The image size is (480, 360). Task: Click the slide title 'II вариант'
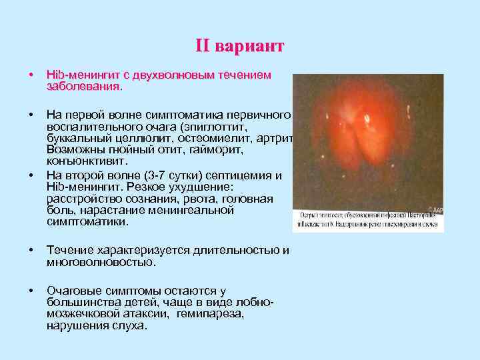coord(239,46)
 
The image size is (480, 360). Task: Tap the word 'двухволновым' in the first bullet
coord(173,75)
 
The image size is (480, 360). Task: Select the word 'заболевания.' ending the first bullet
coord(84,86)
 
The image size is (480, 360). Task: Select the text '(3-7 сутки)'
coord(189,175)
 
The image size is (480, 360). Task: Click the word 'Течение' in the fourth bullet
coord(68,251)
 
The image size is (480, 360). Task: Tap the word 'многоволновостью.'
coord(100,262)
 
